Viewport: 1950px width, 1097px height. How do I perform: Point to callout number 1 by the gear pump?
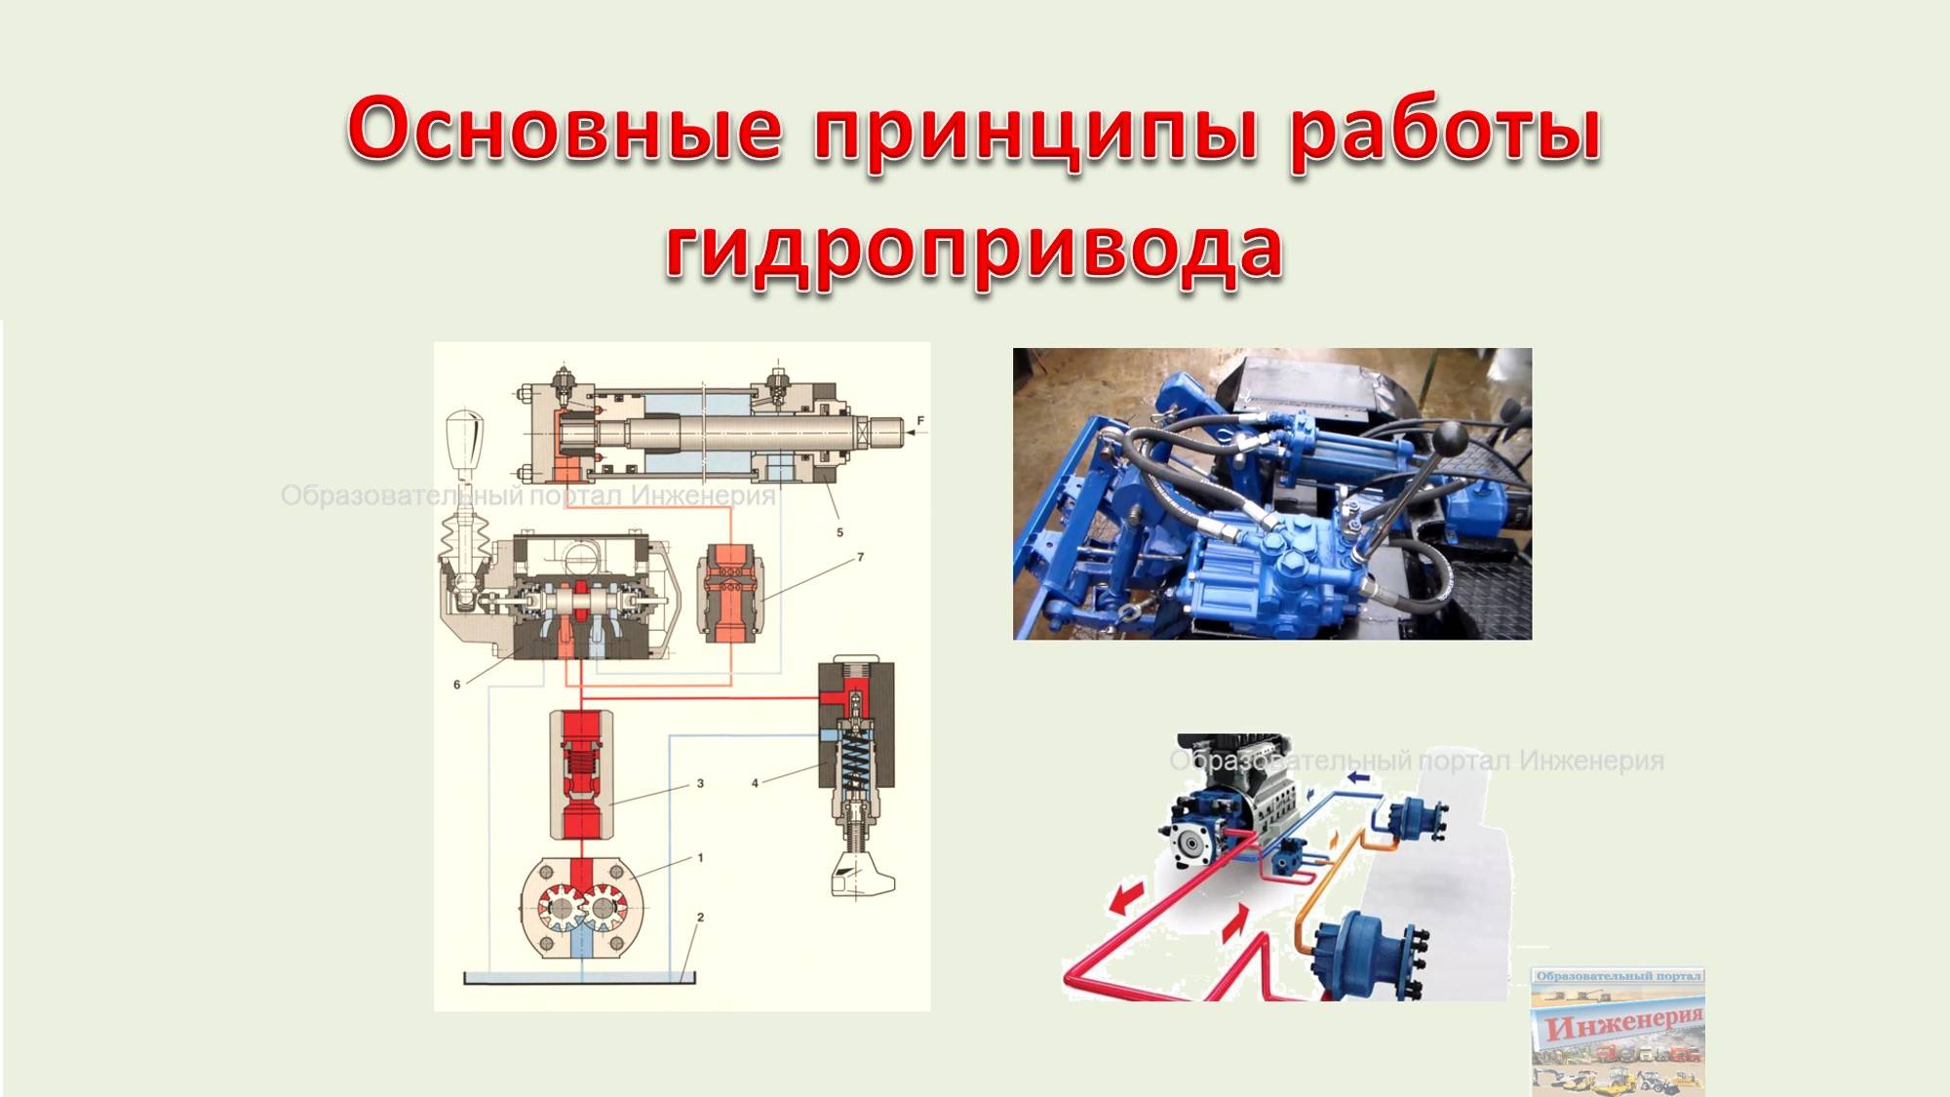tap(700, 858)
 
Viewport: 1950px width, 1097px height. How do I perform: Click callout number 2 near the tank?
tap(700, 918)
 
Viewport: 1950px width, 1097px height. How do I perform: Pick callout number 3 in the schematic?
tap(700, 783)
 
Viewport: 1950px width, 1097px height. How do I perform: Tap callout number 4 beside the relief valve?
tap(755, 783)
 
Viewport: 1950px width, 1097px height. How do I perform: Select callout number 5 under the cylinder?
tap(839, 532)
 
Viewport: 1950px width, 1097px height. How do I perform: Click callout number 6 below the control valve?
tap(456, 685)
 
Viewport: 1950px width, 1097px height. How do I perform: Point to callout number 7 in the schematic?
tap(860, 557)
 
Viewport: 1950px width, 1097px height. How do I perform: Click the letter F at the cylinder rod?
tap(919, 422)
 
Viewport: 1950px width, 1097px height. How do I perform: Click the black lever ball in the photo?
tap(1451, 438)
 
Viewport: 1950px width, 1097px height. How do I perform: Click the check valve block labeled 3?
tap(582, 775)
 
